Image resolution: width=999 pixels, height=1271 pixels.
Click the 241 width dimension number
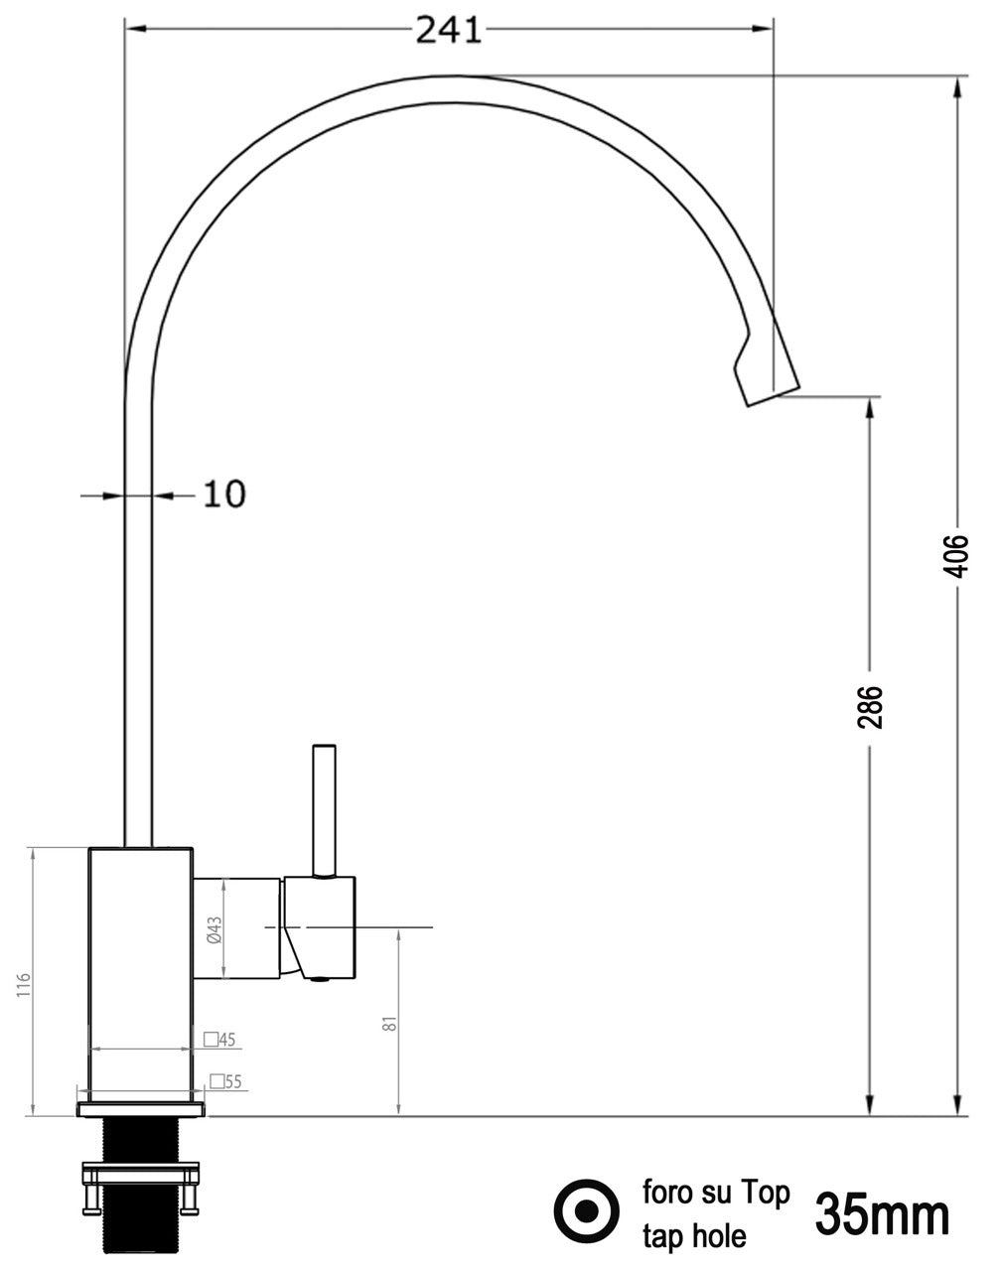pos(449,30)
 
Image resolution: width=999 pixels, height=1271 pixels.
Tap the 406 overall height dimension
pos(957,556)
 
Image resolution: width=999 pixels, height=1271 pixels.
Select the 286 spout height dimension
pos(869,707)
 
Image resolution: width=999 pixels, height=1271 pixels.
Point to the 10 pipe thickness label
pos(224,494)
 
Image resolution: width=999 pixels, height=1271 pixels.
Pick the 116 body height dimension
pos(23,986)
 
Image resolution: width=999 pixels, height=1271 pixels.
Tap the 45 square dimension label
pos(219,1040)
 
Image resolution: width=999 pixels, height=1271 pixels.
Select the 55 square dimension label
pos(225,1082)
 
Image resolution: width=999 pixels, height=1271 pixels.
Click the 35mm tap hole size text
pos(882,1216)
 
